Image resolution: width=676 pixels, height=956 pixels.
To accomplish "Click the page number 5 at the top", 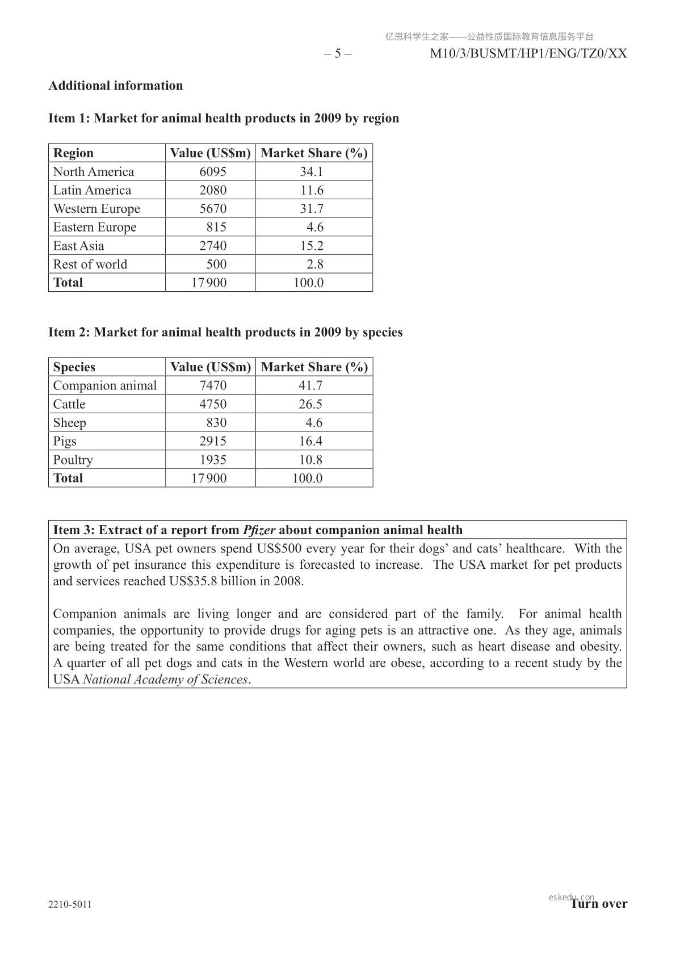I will (338, 54).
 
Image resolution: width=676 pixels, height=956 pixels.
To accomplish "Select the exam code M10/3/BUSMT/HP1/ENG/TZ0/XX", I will (528, 54).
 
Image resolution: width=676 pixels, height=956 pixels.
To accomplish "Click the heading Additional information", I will (116, 86).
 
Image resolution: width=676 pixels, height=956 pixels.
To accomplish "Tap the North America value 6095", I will (213, 172).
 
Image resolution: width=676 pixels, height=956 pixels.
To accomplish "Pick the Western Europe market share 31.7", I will (312, 209).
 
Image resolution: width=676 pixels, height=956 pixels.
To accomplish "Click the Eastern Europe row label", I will (95, 227).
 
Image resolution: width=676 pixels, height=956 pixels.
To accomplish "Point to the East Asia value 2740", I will (213, 246).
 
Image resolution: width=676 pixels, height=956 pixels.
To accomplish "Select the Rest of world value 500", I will (216, 264).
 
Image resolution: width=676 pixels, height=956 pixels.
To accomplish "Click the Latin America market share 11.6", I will (312, 190).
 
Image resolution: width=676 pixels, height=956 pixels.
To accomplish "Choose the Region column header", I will (73, 153).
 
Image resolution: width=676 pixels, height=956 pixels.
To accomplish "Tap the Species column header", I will (74, 367).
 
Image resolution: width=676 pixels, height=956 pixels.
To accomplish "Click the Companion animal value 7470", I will (213, 386).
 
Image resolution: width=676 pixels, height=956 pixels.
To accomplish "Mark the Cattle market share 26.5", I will (310, 404).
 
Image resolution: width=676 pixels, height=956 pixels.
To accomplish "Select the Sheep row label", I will (70, 423).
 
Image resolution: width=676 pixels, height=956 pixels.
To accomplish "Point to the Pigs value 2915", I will (213, 441).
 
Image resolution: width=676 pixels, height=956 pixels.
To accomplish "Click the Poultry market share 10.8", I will (310, 460).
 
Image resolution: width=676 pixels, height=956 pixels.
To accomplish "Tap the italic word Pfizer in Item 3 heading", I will (259, 530).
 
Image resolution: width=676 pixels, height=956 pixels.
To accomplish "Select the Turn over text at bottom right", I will (599, 904).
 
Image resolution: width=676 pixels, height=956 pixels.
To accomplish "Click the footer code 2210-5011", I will (70, 904).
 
